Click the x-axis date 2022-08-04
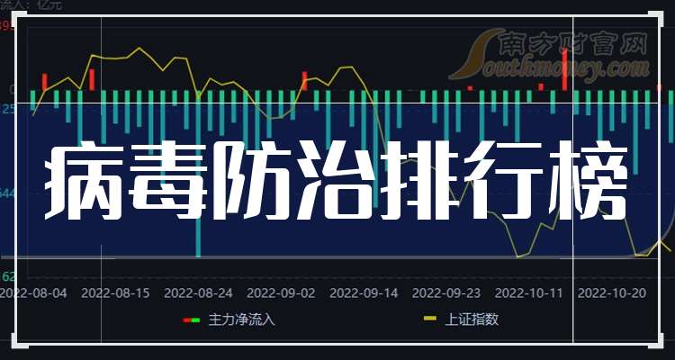point(33,292)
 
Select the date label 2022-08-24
point(199,292)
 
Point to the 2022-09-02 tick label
point(281,292)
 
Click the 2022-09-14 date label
point(364,292)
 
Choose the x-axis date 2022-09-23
point(445,292)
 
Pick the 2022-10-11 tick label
point(528,292)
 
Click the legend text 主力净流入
point(241,319)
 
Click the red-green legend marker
point(191,319)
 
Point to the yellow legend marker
point(430,319)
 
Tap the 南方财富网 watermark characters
point(571,41)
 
